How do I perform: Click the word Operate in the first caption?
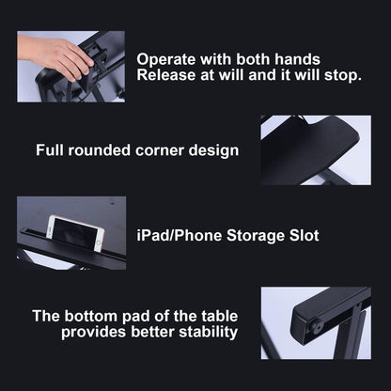(x=166, y=60)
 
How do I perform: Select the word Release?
(x=166, y=75)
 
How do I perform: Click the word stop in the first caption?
(x=343, y=76)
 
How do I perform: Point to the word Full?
(x=50, y=150)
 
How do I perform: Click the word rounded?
(x=100, y=150)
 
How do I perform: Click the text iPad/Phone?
(x=180, y=235)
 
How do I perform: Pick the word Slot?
(x=304, y=235)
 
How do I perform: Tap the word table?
(x=220, y=316)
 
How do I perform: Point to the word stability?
(x=209, y=332)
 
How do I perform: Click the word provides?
(x=94, y=333)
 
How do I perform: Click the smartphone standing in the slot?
(x=75, y=233)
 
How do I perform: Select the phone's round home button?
(x=99, y=242)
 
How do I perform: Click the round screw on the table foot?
(x=316, y=327)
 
